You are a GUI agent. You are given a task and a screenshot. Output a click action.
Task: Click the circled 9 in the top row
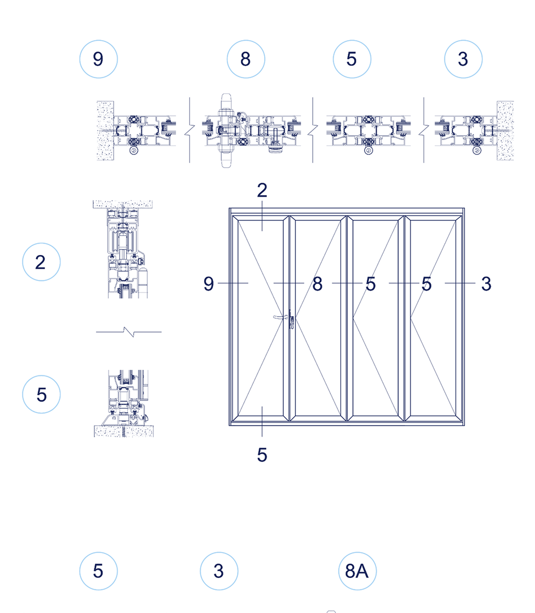[98, 59]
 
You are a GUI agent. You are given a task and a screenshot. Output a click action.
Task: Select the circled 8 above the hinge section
[245, 59]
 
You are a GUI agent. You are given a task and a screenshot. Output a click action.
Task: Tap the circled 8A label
[357, 571]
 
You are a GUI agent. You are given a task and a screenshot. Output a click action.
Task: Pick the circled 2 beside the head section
[41, 262]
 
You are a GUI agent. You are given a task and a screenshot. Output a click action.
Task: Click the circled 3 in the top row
[463, 59]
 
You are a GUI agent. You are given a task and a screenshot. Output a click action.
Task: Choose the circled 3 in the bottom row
[219, 571]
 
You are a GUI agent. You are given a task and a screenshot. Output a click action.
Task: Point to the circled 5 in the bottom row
[98, 571]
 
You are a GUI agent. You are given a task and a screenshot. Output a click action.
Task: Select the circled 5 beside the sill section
[41, 394]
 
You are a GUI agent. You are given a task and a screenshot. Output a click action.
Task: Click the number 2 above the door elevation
[262, 191]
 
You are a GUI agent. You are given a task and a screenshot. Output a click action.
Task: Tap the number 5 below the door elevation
[262, 455]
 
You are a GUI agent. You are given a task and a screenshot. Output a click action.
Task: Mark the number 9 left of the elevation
[209, 284]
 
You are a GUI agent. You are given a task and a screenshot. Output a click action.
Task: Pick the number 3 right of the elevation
[486, 284]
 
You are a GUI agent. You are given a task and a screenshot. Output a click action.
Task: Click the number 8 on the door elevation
[317, 284]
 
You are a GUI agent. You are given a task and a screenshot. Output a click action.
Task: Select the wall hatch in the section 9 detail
[105, 131]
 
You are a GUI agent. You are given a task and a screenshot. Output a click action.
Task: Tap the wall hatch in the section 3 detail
[505, 131]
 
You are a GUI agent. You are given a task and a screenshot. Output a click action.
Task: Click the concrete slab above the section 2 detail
[123, 203]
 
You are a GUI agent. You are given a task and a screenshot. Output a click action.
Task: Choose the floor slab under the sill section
[123, 431]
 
